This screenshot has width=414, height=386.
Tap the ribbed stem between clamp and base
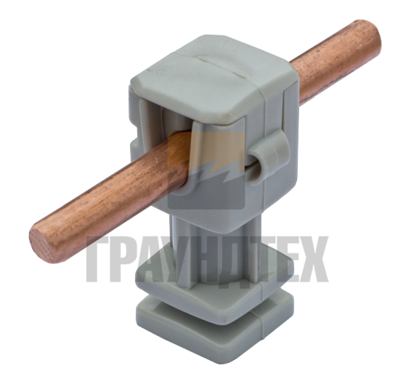click(214, 250)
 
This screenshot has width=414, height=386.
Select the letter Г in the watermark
click(97, 259)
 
